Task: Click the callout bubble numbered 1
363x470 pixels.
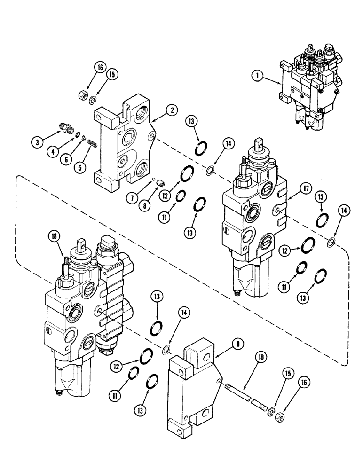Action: point(258,74)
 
